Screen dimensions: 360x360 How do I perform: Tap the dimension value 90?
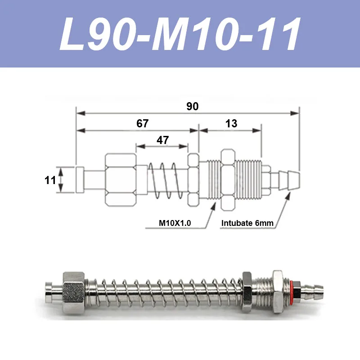[x=192, y=107]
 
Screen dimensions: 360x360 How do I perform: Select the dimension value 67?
[x=142, y=124]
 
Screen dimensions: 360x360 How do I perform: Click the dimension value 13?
[x=231, y=124]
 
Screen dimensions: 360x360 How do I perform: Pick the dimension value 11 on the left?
[x=50, y=180]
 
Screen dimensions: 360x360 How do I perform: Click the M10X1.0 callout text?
[x=175, y=223]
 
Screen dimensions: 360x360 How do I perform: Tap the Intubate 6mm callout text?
[x=247, y=223]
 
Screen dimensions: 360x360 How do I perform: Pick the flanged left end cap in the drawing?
[x=80, y=180]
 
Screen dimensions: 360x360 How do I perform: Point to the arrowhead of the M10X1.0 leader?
[x=214, y=205]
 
